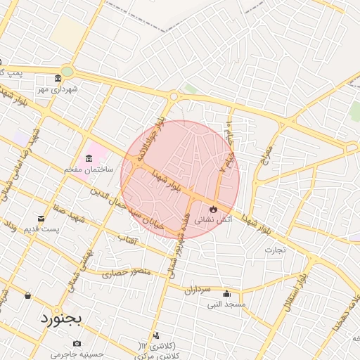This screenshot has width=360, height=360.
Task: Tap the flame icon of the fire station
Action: [213, 209]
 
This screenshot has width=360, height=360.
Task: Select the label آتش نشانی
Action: [211, 220]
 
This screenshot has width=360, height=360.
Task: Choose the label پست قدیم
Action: [41, 229]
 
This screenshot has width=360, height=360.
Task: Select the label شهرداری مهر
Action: [60, 90]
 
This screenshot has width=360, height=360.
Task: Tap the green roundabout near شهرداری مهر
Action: [67, 71]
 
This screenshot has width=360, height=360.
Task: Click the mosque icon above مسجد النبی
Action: [226, 294]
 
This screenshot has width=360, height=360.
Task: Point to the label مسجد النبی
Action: [225, 304]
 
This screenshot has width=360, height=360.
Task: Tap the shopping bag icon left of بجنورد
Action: [27, 295]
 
